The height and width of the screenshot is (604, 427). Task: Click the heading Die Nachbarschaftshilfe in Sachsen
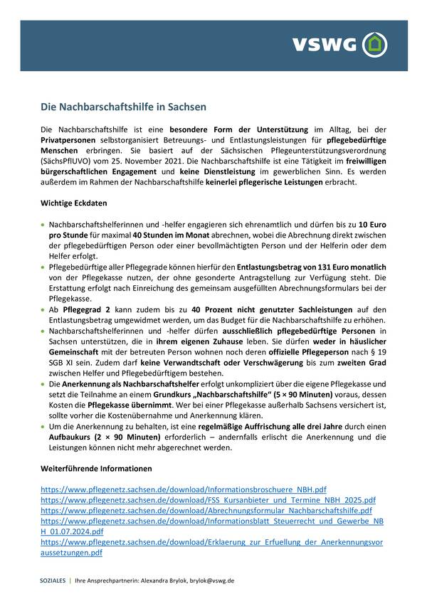coord(123,107)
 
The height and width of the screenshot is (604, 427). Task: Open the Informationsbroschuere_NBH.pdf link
coord(184,490)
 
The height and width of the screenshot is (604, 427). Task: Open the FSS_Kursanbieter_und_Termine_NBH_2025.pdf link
coord(208,500)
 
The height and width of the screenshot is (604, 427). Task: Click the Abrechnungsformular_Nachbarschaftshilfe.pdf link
coord(206,511)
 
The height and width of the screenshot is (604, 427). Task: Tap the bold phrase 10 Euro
coord(372,223)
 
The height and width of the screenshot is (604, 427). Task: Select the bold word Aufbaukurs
coord(65,438)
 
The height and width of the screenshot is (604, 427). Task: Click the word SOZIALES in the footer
coord(53,581)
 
